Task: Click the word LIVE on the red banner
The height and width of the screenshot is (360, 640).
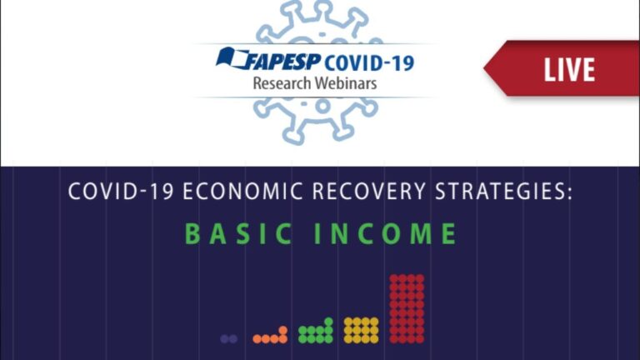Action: pyautogui.click(x=569, y=70)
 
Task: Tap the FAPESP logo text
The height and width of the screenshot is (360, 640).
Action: pyautogui.click(x=282, y=62)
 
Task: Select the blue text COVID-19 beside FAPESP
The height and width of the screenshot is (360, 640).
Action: pyautogui.click(x=369, y=62)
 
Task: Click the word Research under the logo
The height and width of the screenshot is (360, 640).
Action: pyautogui.click(x=282, y=83)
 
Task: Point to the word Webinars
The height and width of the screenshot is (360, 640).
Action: pyautogui.click(x=346, y=83)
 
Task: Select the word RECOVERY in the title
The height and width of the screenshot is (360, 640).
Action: pyautogui.click(x=368, y=192)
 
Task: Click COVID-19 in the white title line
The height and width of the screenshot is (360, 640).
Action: pyautogui.click(x=121, y=192)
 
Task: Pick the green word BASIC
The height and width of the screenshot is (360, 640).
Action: pyautogui.click(x=238, y=234)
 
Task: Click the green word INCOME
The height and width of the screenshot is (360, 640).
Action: pyautogui.click(x=385, y=234)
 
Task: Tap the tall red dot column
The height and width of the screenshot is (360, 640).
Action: pyautogui.click(x=407, y=308)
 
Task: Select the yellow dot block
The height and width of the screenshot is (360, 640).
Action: pyautogui.click(x=361, y=330)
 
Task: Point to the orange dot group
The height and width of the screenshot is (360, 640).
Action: pyautogui.click(x=270, y=335)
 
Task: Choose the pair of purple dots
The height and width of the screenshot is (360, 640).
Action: pyautogui.click(x=228, y=339)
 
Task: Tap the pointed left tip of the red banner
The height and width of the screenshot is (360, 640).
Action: pyautogui.click(x=484, y=68)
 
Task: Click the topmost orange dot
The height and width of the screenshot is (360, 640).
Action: pyautogui.click(x=282, y=330)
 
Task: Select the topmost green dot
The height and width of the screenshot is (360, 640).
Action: pyautogui.click(x=328, y=322)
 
